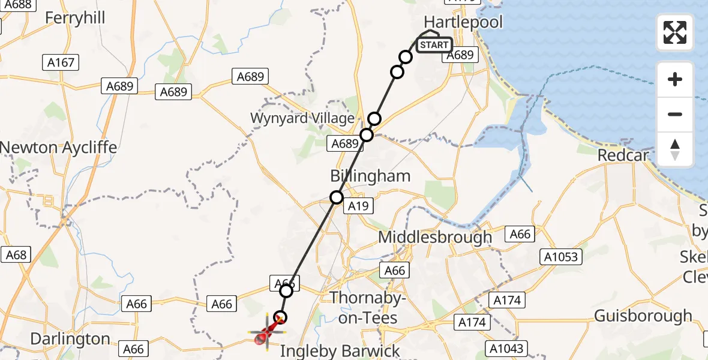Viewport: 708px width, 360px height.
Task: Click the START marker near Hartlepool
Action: [434, 45]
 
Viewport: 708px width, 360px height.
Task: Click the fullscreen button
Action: [675, 32]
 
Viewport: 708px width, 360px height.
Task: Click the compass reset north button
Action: [675, 149]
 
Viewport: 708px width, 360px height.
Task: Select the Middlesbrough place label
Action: [435, 238]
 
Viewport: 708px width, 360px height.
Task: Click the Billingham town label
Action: [371, 176]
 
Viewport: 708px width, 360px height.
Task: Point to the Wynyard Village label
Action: [302, 118]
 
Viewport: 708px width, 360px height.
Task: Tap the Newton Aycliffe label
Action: [59, 148]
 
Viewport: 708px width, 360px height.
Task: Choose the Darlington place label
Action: [70, 339]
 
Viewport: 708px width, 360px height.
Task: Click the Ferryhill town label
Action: [75, 18]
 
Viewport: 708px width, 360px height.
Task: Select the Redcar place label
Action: [623, 155]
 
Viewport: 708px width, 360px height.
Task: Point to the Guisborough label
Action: [643, 316]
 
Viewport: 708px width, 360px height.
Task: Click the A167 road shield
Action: [61, 62]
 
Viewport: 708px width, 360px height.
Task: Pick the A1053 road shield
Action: [562, 257]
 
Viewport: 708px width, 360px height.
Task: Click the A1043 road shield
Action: [505, 348]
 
